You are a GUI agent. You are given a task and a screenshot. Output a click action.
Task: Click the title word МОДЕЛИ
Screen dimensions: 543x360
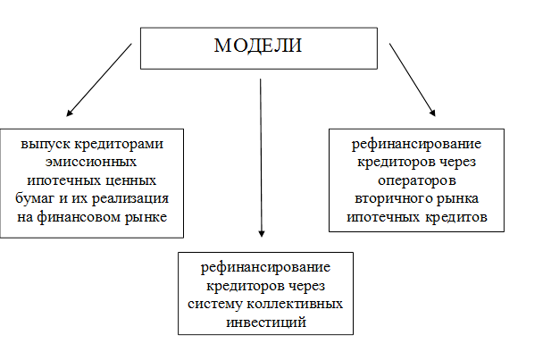point(258,46)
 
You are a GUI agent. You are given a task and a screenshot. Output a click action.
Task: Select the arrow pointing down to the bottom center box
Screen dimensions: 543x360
point(261,157)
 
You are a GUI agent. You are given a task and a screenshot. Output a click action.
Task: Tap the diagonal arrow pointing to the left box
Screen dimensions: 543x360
point(99,80)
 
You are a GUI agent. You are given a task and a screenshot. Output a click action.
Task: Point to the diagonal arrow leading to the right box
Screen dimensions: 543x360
point(413,80)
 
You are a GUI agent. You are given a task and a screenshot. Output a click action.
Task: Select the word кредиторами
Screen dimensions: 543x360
point(119,144)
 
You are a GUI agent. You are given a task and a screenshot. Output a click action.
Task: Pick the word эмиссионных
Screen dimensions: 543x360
point(91,162)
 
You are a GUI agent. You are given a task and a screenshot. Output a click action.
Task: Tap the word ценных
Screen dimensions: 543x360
point(132,180)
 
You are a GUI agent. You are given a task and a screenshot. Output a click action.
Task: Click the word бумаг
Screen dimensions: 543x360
point(35,199)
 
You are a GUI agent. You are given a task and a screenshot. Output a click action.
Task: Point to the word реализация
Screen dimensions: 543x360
point(129,198)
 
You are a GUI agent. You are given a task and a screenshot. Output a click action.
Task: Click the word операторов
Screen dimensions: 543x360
point(416,180)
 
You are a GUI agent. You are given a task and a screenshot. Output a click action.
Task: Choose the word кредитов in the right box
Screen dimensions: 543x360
point(456,217)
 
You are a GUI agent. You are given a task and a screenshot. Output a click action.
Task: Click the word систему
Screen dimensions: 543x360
point(214,305)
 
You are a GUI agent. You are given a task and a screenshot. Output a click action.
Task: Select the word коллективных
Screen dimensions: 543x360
point(295,304)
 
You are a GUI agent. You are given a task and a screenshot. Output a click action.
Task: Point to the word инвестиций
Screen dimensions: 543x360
point(266,322)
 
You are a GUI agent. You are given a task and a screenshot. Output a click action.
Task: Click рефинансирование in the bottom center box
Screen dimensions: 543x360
point(265,267)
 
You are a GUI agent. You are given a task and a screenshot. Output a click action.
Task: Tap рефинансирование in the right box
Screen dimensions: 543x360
point(416,144)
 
